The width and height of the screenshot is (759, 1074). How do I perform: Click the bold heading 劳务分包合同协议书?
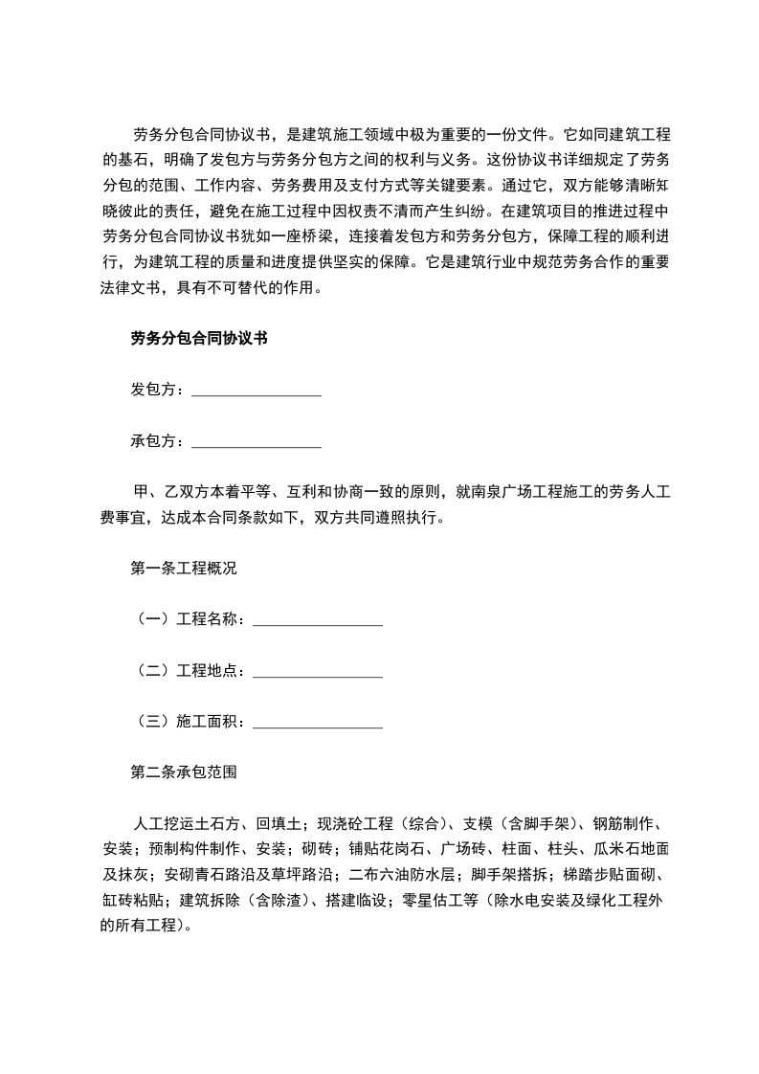coord(198,338)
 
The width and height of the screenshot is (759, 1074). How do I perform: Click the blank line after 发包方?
coord(257,391)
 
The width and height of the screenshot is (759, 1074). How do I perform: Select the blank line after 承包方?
coord(257,442)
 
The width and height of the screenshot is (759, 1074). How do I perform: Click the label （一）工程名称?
coord(188,620)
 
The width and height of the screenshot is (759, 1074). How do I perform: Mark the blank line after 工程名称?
coord(318,620)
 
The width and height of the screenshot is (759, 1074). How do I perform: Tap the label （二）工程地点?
coord(188,672)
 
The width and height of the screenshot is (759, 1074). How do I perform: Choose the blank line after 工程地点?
coord(318,672)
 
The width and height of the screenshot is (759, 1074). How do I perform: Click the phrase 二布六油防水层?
coord(406,875)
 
